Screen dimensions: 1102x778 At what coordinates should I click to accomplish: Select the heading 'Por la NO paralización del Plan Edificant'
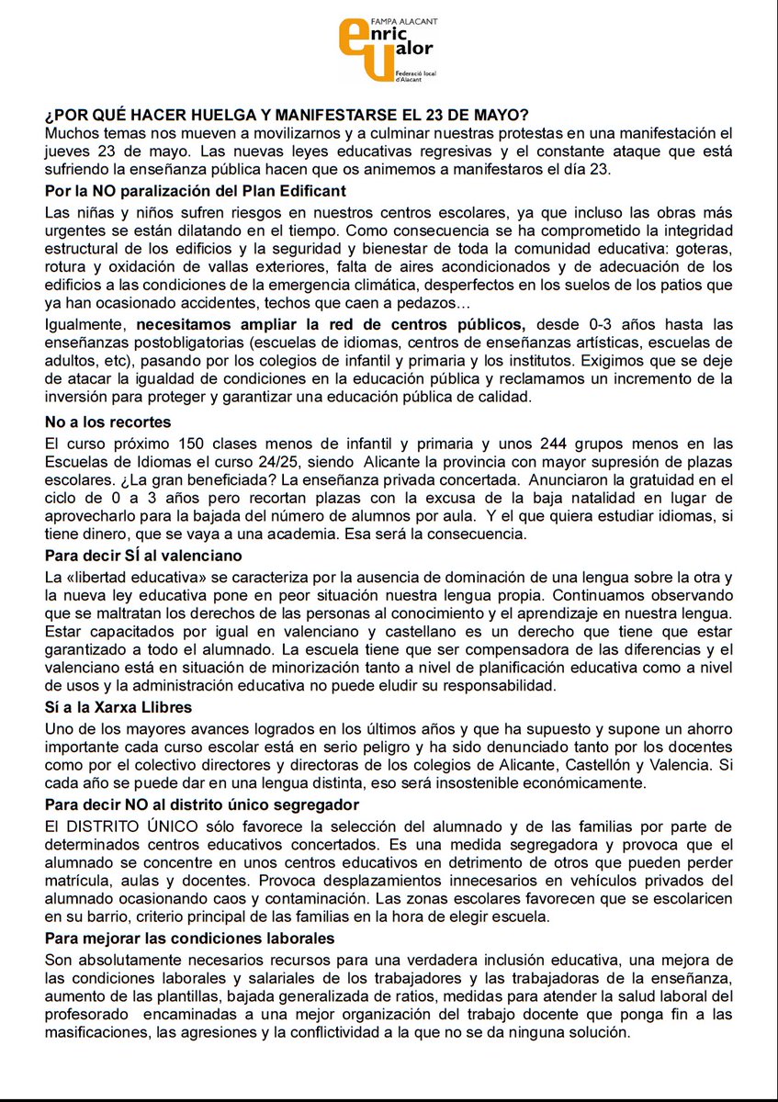(196, 191)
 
